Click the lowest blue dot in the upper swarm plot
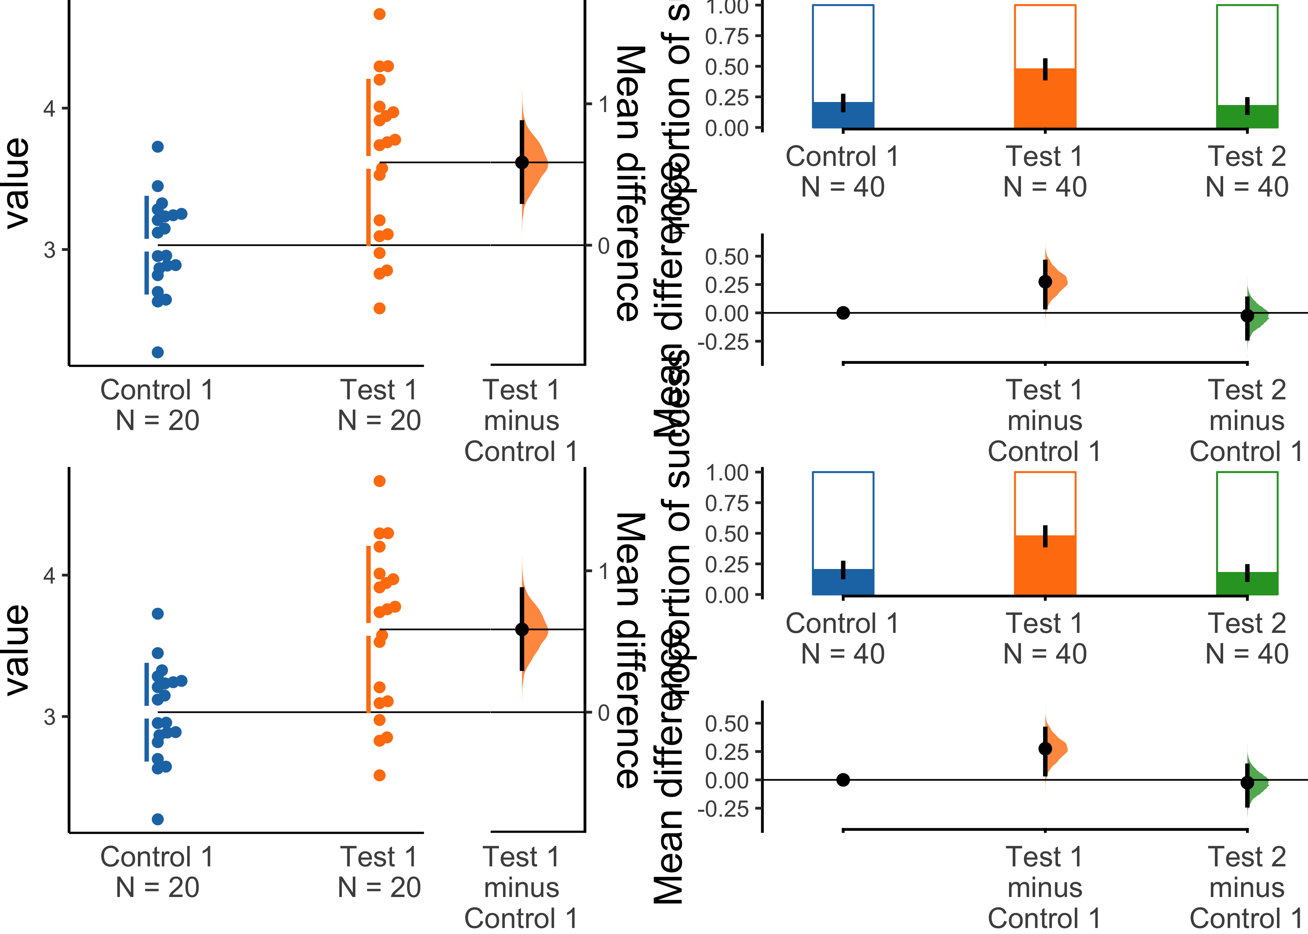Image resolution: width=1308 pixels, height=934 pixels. pos(158,352)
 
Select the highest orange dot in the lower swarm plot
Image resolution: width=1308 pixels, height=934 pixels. pos(380,481)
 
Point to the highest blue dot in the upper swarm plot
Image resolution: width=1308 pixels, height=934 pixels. pos(158,147)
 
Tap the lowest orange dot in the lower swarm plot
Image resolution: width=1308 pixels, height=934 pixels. pos(380,775)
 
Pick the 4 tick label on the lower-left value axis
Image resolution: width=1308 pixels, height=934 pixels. pos(49,575)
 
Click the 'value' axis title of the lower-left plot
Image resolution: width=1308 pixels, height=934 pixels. pos(17,650)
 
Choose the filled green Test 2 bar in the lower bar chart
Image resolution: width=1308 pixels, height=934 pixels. pos(1247,583)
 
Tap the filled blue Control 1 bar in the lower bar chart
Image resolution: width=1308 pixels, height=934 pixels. pos(843,582)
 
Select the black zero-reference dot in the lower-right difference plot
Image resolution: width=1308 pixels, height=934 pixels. pos(843,780)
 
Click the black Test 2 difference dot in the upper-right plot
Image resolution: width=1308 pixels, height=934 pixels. pos(1247,315)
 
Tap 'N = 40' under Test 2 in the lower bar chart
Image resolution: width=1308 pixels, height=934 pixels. pos(1247,654)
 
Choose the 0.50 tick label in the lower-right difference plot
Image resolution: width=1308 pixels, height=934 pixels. pos(727,724)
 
